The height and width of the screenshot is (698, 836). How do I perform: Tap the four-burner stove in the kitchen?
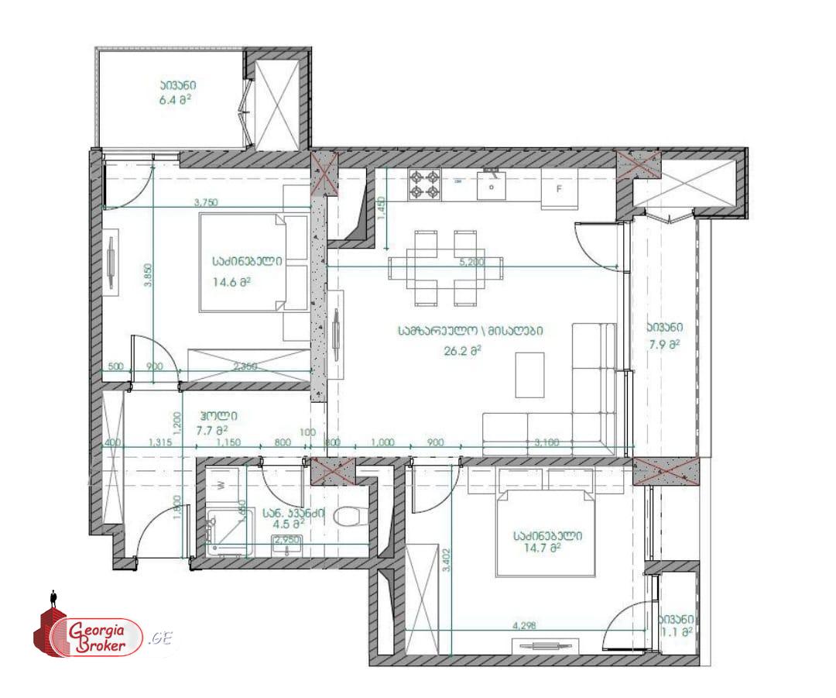(x=424, y=184)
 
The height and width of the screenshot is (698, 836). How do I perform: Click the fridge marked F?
(x=559, y=188)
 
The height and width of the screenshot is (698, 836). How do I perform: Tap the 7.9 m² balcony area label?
(x=664, y=345)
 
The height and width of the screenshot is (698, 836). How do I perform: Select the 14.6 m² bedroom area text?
(x=231, y=283)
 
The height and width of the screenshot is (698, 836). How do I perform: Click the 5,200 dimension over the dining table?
(x=471, y=263)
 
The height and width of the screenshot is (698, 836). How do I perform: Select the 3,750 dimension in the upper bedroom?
(x=206, y=202)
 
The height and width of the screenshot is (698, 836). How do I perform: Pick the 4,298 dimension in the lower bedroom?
(x=525, y=624)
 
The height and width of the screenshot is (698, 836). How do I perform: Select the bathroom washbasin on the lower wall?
(x=288, y=548)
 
